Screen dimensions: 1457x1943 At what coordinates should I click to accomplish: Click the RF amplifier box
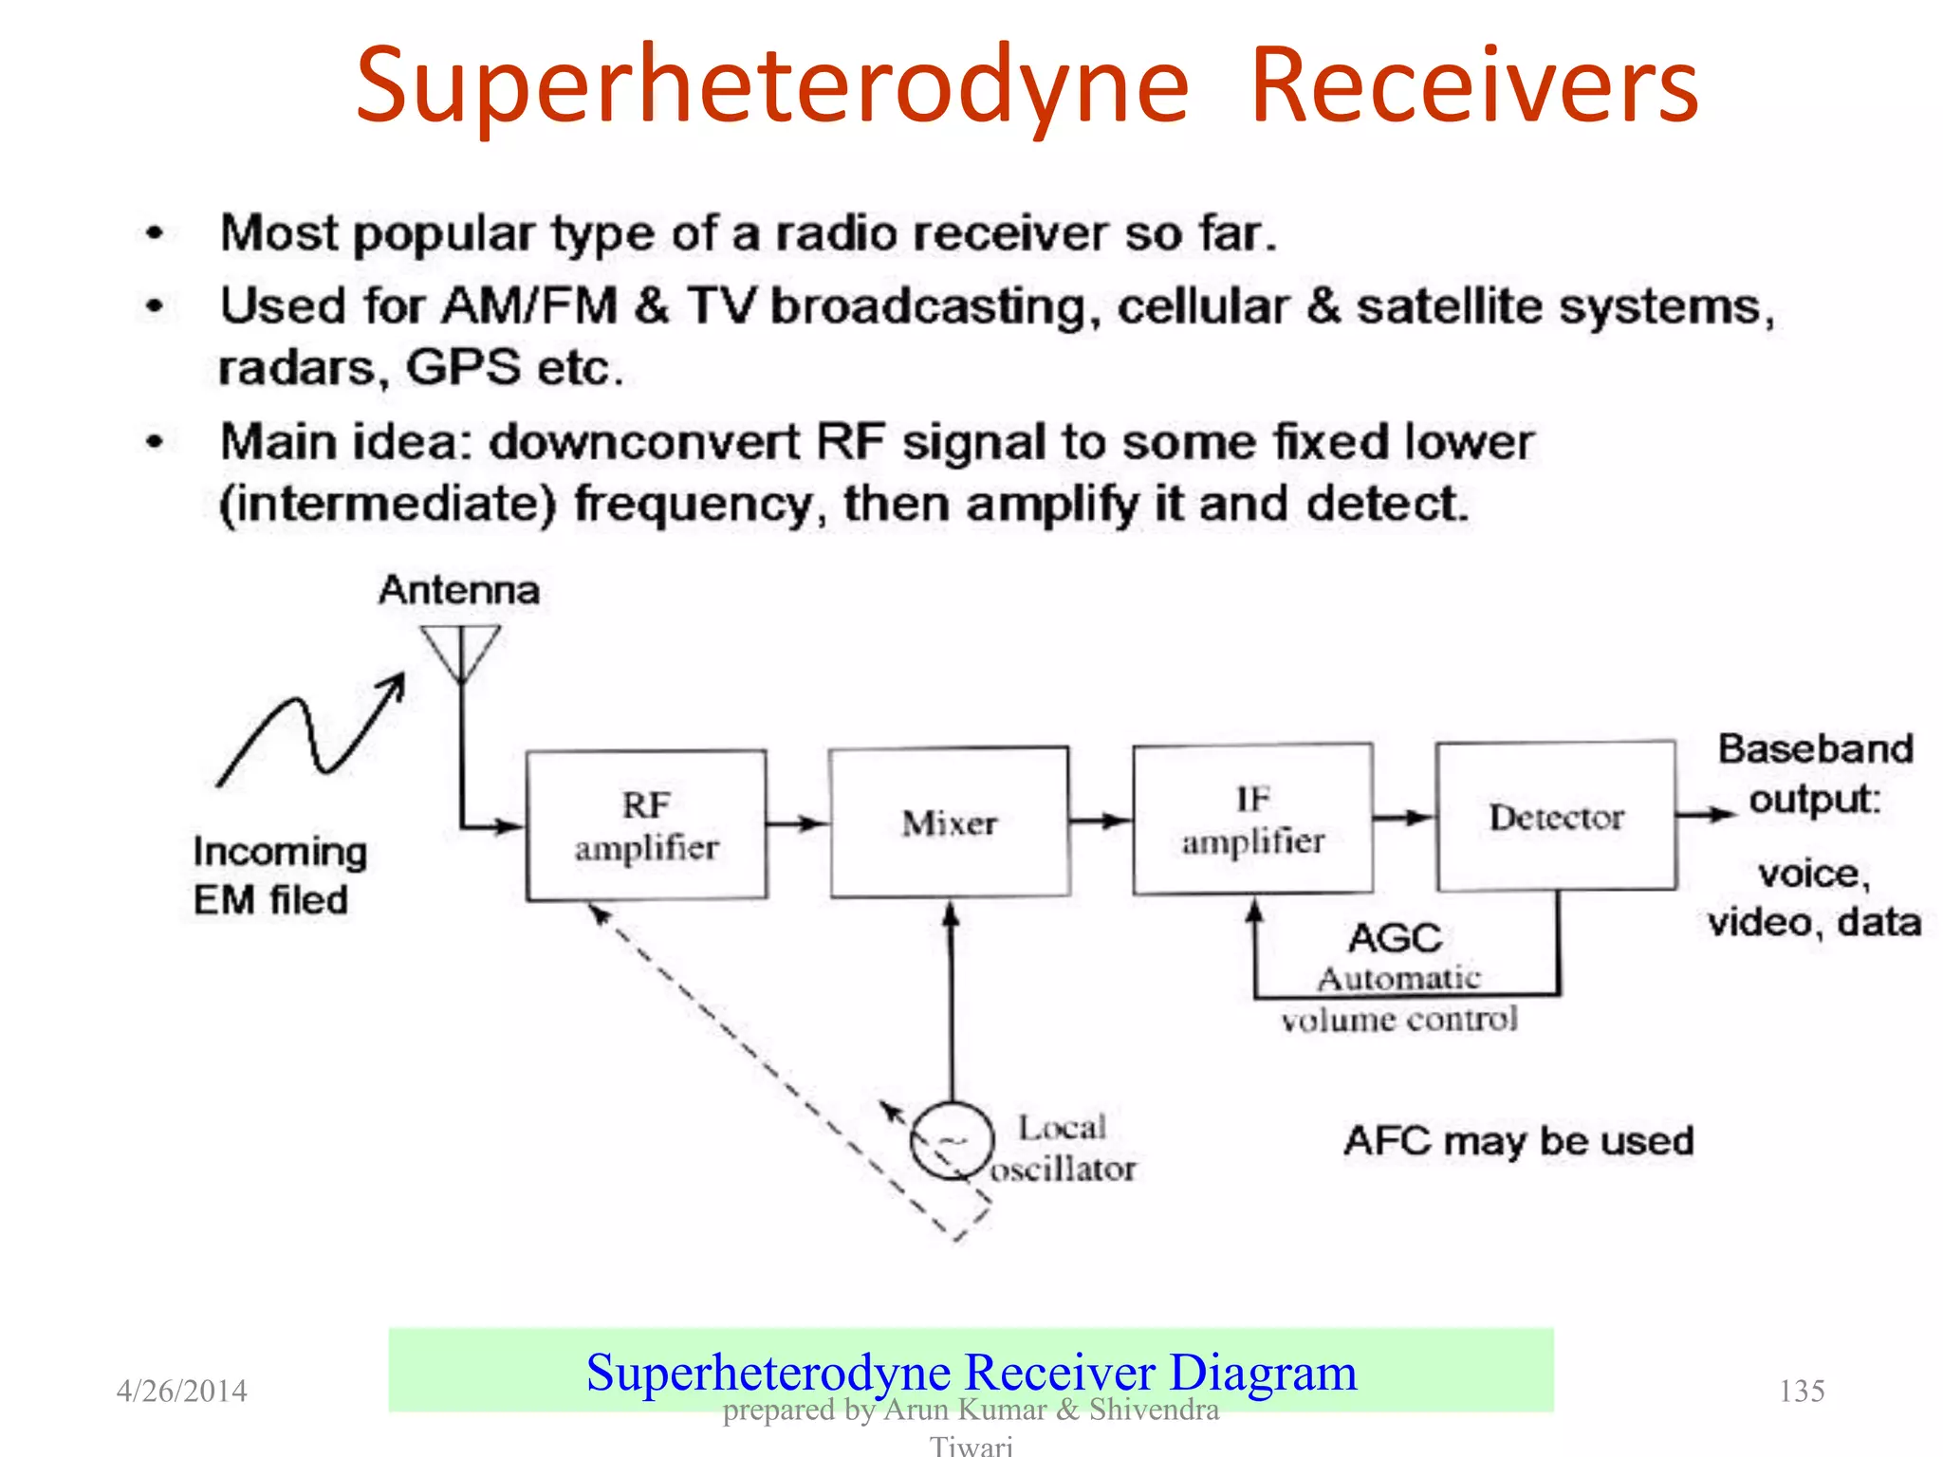pos(646,824)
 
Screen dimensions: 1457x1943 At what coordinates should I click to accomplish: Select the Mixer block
pos(950,821)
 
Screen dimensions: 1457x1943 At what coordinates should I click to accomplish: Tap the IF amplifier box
pos(1252,819)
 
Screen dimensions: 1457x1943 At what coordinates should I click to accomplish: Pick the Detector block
pos(1556,816)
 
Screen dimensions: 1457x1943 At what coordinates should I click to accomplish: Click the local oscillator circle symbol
pos(952,1141)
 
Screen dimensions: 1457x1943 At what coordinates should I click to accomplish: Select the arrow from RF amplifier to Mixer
pos(797,822)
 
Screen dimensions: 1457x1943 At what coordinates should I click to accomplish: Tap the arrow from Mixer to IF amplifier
pos(1101,820)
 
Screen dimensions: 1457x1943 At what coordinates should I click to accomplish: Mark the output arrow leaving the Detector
pos(1706,814)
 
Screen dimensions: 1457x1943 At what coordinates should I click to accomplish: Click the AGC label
pos(1395,938)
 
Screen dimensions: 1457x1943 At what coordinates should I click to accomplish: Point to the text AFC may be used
pos(1518,1140)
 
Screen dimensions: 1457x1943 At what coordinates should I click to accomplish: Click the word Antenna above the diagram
pos(459,590)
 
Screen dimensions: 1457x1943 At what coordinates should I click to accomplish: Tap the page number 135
pos(1801,1391)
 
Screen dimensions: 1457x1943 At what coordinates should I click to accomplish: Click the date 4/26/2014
pos(181,1391)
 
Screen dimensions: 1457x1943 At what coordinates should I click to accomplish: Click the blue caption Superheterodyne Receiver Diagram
pos(971,1372)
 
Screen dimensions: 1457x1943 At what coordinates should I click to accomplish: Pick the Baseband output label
pos(1815,773)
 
